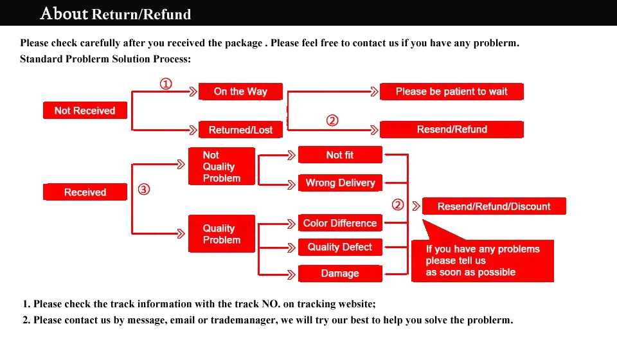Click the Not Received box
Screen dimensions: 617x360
[85, 110]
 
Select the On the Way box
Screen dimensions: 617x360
[240, 92]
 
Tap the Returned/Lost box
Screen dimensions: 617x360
[240, 129]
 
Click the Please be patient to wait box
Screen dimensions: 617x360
[452, 92]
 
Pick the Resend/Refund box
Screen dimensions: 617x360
[452, 129]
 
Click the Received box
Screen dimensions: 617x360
[85, 192]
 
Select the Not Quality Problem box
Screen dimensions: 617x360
[222, 166]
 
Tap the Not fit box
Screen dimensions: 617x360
[340, 155]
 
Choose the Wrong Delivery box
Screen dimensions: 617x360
[340, 183]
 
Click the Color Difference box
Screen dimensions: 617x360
[340, 223]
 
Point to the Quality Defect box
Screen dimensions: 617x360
[340, 247]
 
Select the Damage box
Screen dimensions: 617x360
[340, 273]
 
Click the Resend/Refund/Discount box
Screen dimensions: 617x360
[494, 206]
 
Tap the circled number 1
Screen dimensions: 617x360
[166, 84]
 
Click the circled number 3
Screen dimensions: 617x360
[144, 189]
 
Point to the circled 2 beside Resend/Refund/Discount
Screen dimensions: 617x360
[398, 204]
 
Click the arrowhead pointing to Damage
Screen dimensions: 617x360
[291, 274]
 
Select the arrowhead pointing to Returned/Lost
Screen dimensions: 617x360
[193, 130]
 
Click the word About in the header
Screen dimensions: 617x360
[64, 14]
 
